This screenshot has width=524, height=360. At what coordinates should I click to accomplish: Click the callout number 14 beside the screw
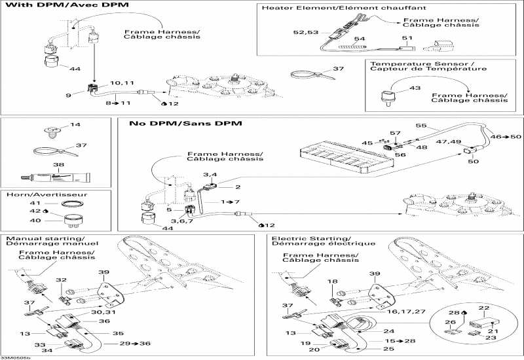click(75, 124)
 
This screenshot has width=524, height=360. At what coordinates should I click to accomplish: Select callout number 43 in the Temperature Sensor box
click(413, 88)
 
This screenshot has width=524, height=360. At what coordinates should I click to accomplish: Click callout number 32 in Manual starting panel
click(61, 279)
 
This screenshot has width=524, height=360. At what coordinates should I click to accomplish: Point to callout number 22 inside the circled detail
click(484, 307)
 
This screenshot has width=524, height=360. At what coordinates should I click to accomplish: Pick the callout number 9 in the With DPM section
click(68, 94)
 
